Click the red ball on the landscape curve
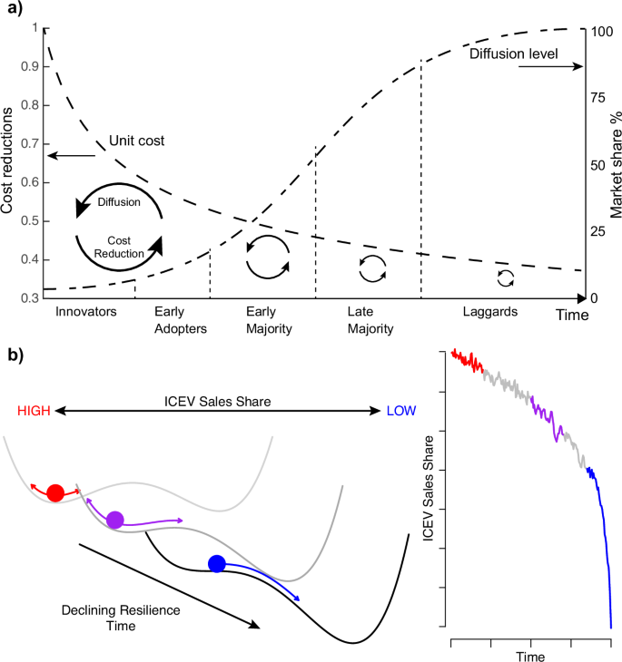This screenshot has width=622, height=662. pyautogui.click(x=55, y=493)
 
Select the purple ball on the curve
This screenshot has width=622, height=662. pyautogui.click(x=114, y=520)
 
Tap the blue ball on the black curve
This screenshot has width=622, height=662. pyautogui.click(x=216, y=564)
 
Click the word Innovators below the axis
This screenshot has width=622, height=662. pyautogui.click(x=83, y=312)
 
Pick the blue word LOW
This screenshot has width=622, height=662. pyautogui.click(x=400, y=411)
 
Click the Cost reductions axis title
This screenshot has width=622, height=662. pyautogui.click(x=8, y=163)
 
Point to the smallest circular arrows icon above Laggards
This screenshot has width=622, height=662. pyautogui.click(x=506, y=278)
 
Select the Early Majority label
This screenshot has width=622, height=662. pyautogui.click(x=269, y=319)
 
